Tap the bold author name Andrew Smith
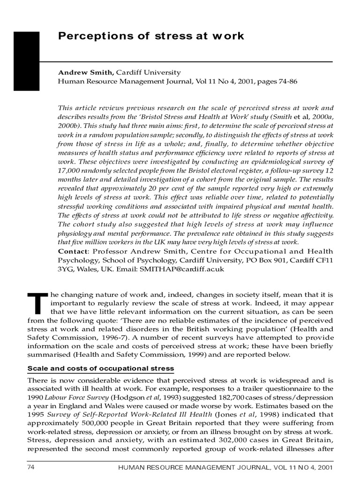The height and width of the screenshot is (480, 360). pos(85,73)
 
